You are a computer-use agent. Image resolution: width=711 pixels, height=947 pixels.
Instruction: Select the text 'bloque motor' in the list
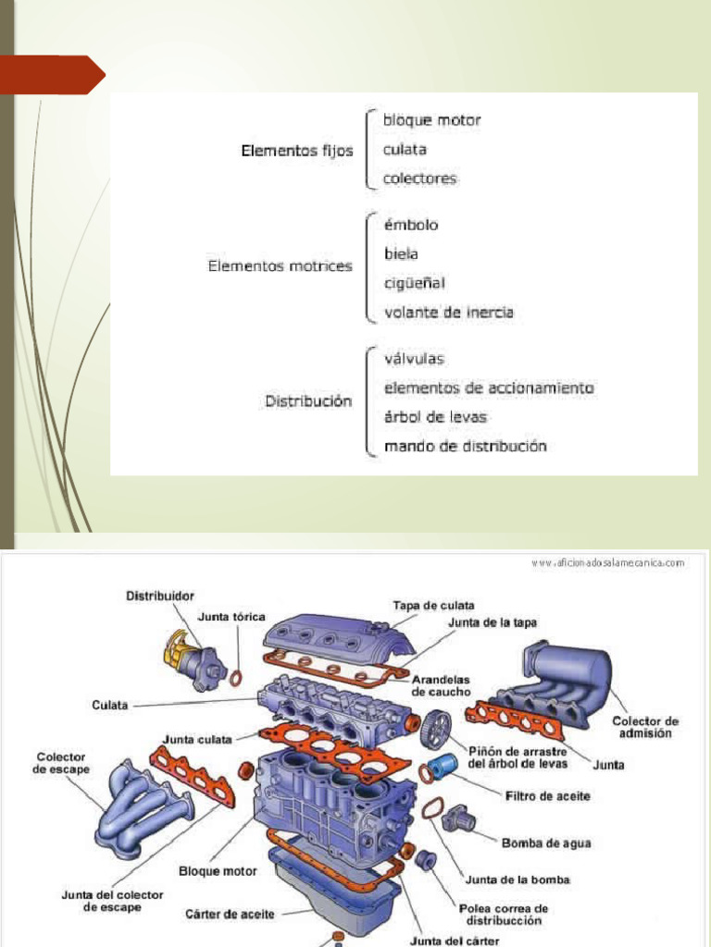(432, 120)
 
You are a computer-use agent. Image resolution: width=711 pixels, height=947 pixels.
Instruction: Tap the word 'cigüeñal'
(415, 283)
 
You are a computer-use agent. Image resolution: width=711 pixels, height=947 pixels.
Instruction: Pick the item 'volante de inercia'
(448, 313)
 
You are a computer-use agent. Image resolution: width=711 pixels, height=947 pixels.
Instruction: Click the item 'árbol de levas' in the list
(435, 417)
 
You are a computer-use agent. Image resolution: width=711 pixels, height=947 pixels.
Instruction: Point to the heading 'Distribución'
(308, 401)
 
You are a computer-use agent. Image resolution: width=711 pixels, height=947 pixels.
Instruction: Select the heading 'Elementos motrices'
(280, 266)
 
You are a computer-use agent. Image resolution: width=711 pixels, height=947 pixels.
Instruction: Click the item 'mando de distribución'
(465, 447)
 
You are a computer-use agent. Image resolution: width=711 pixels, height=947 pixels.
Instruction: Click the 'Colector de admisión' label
(644, 727)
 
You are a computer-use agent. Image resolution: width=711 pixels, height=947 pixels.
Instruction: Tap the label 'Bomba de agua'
(546, 842)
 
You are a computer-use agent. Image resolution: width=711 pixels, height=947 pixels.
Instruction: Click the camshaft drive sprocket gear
(435, 730)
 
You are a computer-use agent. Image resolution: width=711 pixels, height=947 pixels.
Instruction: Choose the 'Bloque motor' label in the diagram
(218, 871)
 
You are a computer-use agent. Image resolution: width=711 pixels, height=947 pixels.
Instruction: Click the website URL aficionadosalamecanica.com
(607, 561)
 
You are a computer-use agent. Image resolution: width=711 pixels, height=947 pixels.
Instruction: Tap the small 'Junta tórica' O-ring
(236, 678)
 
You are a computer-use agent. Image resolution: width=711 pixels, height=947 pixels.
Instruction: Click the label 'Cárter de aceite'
(230, 914)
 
